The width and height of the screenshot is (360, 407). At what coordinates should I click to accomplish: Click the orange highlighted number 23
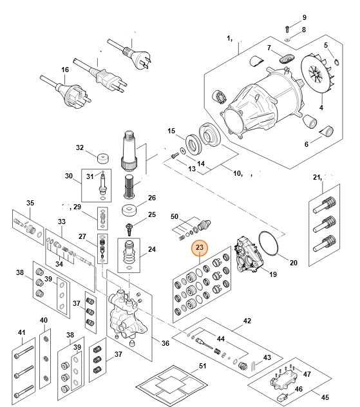click(x=199, y=247)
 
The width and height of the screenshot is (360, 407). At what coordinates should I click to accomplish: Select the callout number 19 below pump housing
click(x=272, y=274)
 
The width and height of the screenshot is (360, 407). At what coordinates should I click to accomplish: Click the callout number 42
click(x=247, y=320)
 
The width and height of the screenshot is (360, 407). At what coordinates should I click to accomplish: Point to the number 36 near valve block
click(x=165, y=343)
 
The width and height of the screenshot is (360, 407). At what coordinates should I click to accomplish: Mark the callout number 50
click(x=174, y=218)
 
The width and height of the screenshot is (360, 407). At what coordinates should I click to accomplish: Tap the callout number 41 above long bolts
click(x=22, y=333)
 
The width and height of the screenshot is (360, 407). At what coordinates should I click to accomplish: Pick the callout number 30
click(x=69, y=176)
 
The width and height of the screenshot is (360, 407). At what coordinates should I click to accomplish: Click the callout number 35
click(x=30, y=203)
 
